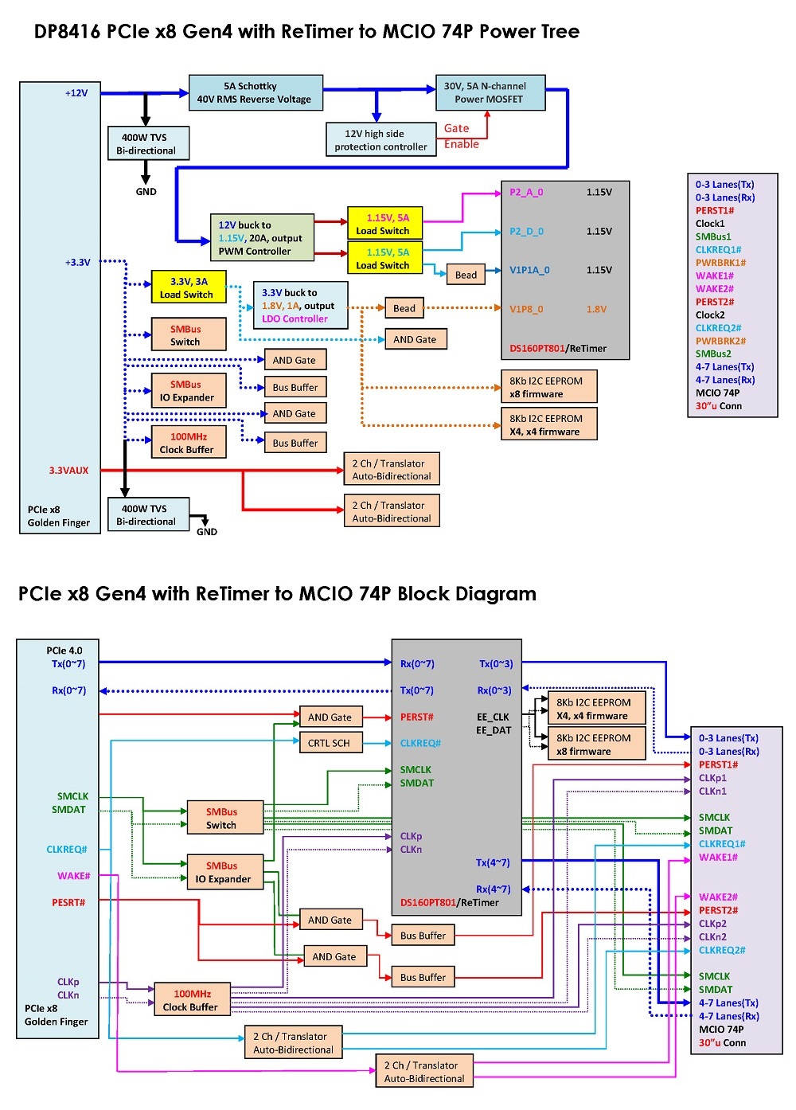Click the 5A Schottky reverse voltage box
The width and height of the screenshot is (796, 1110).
256,92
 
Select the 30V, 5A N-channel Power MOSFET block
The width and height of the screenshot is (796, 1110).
490,92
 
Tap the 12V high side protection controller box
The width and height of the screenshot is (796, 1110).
380,139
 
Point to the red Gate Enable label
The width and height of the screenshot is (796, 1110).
461,136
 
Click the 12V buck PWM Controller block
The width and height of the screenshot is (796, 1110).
261,238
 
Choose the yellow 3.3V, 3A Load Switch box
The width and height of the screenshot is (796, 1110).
188,287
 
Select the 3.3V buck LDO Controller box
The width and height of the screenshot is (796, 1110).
299,306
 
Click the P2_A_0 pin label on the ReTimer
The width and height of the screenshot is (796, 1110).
526,192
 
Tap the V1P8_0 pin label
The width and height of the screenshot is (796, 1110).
526,309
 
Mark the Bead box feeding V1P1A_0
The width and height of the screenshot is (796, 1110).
466,275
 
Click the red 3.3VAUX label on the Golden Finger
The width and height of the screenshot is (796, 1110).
68,471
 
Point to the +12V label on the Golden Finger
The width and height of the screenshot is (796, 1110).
76,93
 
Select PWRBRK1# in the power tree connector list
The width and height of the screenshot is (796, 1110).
720,263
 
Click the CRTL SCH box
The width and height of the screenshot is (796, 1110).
329,743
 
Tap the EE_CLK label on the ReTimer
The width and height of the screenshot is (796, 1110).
493,717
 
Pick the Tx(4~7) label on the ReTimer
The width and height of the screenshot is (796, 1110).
493,862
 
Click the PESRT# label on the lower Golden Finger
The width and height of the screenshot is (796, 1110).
68,902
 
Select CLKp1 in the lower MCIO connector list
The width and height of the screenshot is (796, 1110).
712,778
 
